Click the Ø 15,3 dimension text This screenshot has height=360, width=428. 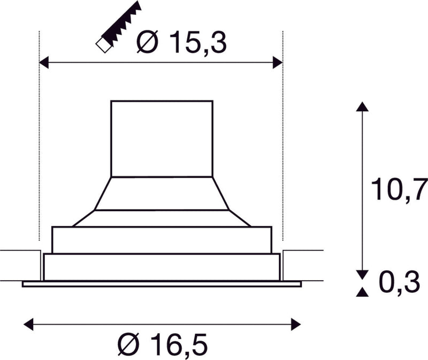[181, 42]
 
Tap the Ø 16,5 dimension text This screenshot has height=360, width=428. [163, 344]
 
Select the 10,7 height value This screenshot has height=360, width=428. [399, 189]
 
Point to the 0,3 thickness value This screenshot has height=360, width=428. [400, 282]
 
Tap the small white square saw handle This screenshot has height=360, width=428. [104, 45]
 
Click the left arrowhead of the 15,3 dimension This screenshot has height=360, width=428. [44, 63]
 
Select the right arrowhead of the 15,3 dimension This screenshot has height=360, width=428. [278, 63]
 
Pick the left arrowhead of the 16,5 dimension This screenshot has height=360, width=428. [29, 324]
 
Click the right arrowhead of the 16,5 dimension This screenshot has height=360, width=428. [296, 324]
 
